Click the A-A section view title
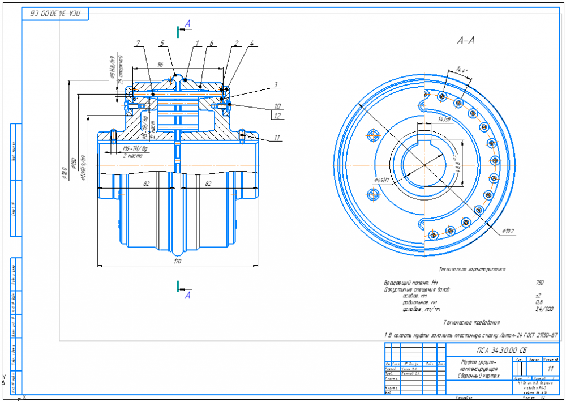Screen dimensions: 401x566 pyautogui.click(x=465, y=41)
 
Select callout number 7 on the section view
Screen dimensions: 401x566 pyautogui.click(x=137, y=43)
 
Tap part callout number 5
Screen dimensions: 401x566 pyautogui.click(x=162, y=43)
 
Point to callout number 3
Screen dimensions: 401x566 pyautogui.click(x=275, y=85)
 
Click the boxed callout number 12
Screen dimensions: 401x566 pyautogui.click(x=277, y=116)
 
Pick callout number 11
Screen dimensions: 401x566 pyautogui.click(x=277, y=137)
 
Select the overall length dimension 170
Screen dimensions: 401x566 pyautogui.click(x=177, y=261)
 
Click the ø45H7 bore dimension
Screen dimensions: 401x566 pyautogui.click(x=383, y=180)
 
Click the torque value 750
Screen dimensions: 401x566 pyautogui.click(x=540, y=282)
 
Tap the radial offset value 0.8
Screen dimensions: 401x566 pyautogui.click(x=539, y=302)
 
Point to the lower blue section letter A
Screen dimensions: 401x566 pyautogui.click(x=188, y=295)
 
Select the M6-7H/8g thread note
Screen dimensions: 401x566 pyautogui.click(x=135, y=149)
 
